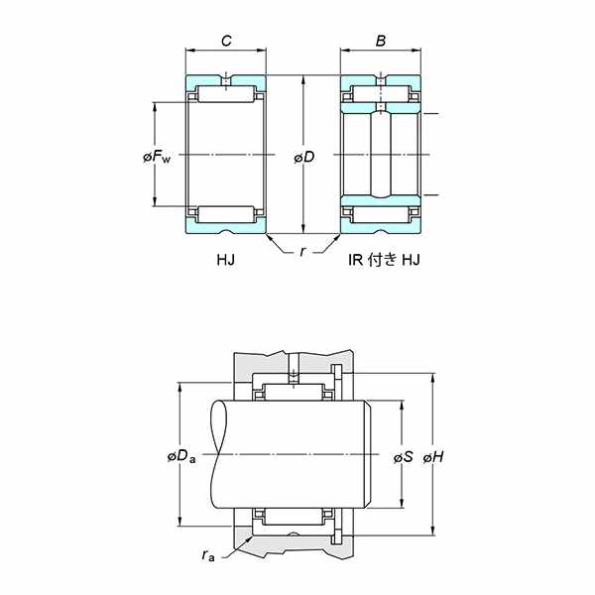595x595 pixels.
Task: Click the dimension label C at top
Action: (x=226, y=41)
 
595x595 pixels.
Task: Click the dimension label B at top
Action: (x=381, y=41)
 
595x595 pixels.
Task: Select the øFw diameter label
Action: (x=157, y=157)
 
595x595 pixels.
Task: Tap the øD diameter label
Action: (x=304, y=157)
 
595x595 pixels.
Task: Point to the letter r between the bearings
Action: (x=302, y=251)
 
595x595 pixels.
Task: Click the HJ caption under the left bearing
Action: (x=226, y=260)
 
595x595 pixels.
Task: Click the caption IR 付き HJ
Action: (x=384, y=260)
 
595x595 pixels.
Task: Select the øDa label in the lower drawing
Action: (x=181, y=456)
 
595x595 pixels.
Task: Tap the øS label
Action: (x=403, y=457)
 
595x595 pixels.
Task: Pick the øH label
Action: (x=433, y=457)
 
